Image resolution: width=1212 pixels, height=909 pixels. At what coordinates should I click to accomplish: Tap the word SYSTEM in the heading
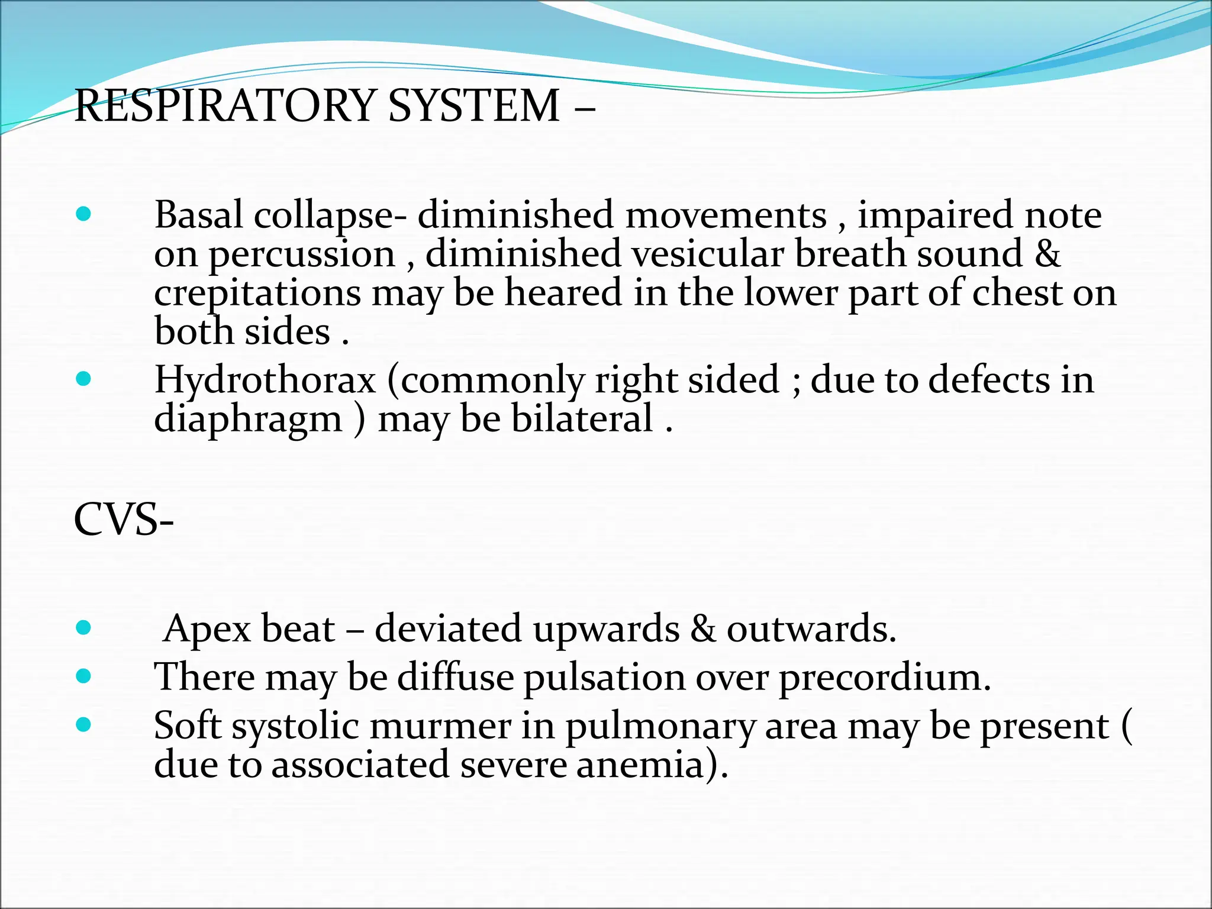(473, 106)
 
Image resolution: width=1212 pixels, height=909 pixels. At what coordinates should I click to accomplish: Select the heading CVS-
(124, 520)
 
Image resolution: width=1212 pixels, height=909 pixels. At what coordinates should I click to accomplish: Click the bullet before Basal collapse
(84, 214)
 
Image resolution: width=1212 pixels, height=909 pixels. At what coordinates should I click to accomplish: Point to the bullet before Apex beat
(84, 627)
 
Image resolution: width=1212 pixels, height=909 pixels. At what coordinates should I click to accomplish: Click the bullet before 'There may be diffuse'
(84, 676)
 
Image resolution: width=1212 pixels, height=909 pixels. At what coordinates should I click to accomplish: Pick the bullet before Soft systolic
(84, 724)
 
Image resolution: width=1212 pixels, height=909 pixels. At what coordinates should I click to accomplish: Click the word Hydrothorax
(265, 379)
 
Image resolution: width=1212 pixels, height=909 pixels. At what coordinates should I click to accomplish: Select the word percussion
(302, 256)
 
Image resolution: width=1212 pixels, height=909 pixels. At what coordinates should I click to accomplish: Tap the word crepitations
(257, 294)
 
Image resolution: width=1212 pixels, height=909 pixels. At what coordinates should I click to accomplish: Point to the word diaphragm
(248, 420)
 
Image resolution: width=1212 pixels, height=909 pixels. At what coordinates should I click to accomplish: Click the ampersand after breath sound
(1047, 254)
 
